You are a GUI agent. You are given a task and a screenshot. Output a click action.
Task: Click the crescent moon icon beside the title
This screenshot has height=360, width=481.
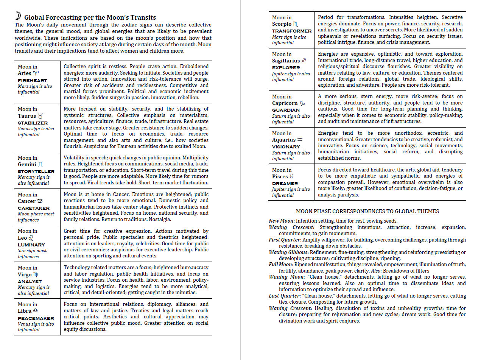coord(18,16)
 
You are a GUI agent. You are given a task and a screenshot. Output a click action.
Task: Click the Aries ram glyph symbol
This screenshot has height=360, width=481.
coord(36,73)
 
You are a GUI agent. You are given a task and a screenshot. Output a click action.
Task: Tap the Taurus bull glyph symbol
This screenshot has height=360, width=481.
coord(41,116)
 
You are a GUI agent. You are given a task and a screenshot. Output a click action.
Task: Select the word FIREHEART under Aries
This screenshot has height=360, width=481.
coord(32,80)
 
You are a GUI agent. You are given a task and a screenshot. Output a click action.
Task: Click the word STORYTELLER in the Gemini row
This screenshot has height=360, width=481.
coord(36,171)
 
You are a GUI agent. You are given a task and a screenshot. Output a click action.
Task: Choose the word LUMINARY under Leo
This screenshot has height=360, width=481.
coord(31,245)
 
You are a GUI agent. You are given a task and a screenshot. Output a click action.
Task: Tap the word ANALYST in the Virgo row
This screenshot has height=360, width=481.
coord(30,281)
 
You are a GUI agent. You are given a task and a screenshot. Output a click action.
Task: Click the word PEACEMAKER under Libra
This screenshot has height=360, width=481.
coord(36,318)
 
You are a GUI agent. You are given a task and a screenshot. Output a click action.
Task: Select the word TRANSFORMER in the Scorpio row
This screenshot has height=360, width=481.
coord(291,31)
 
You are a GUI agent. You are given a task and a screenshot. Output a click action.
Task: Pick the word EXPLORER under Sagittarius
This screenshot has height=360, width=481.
coord(286,68)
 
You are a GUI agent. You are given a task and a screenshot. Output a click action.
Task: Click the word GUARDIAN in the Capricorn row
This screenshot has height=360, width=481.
coord(286,110)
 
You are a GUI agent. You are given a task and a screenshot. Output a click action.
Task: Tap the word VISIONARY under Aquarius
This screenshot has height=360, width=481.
coord(286,147)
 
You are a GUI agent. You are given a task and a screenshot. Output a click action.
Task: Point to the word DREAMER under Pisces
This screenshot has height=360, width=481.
coord(285,183)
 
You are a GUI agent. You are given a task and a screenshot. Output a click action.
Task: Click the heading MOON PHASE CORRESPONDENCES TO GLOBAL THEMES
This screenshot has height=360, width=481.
coord(367,211)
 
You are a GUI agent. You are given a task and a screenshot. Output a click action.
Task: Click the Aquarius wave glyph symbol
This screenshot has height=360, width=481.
coord(300,140)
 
